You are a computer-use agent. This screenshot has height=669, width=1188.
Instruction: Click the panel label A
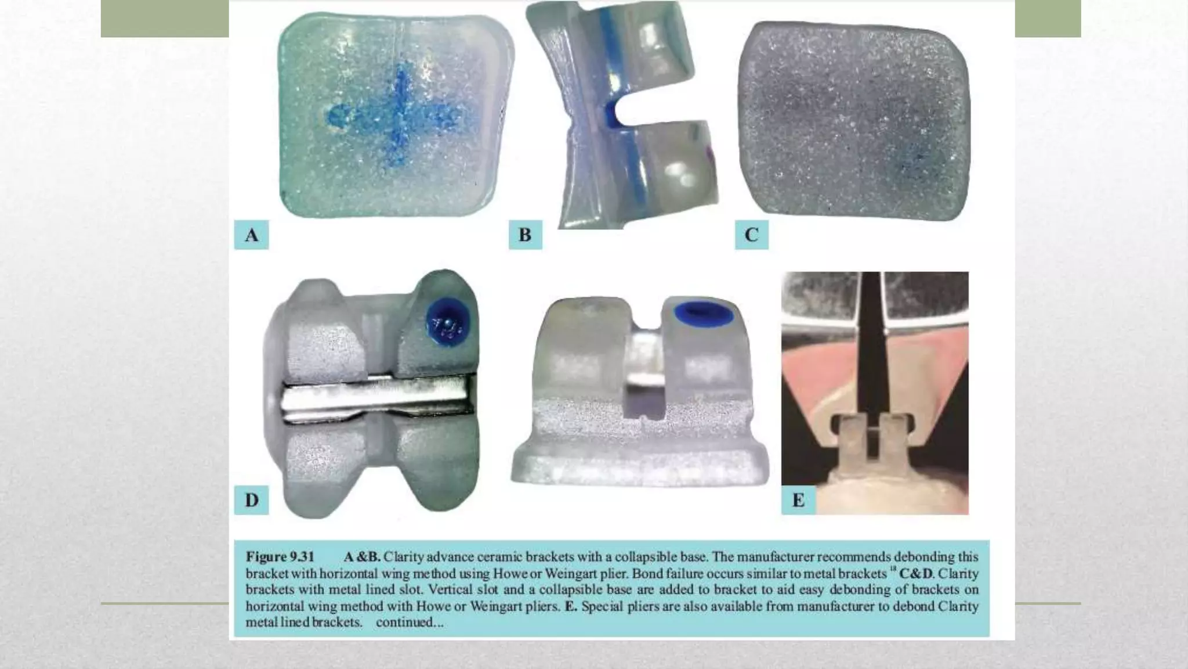pyautogui.click(x=251, y=235)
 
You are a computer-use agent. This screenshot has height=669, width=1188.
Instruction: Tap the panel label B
pyautogui.click(x=525, y=235)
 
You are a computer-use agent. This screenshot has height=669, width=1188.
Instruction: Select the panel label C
pyautogui.click(x=751, y=235)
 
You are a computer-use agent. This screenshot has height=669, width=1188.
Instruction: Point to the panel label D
pyautogui.click(x=251, y=500)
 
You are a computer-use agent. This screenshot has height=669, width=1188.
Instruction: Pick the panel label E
pyautogui.click(x=798, y=500)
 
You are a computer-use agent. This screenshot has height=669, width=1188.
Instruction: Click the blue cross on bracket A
pyautogui.click(x=398, y=116)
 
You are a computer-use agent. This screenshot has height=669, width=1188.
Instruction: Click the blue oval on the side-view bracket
pyautogui.click(x=704, y=314)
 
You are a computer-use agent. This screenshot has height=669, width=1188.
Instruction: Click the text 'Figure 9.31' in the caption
pyautogui.click(x=280, y=556)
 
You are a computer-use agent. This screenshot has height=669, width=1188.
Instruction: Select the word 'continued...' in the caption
pyautogui.click(x=410, y=623)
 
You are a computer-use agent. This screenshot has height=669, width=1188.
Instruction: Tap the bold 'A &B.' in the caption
pyautogui.click(x=362, y=556)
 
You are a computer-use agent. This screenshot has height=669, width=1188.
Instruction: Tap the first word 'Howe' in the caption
pyautogui.click(x=509, y=573)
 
